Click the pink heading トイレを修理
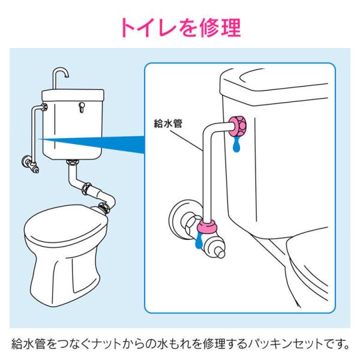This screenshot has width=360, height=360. [181, 28]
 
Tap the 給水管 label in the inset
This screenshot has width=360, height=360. [168, 124]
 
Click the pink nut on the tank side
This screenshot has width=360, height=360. [238, 126]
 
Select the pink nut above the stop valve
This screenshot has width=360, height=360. [207, 226]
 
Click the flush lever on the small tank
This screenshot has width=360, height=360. [82, 107]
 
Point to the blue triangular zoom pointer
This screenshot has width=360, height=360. [92, 143]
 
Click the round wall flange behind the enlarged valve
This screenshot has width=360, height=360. [177, 218]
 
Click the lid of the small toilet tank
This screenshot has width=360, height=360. [73, 95]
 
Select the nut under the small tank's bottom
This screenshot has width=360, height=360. [73, 162]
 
